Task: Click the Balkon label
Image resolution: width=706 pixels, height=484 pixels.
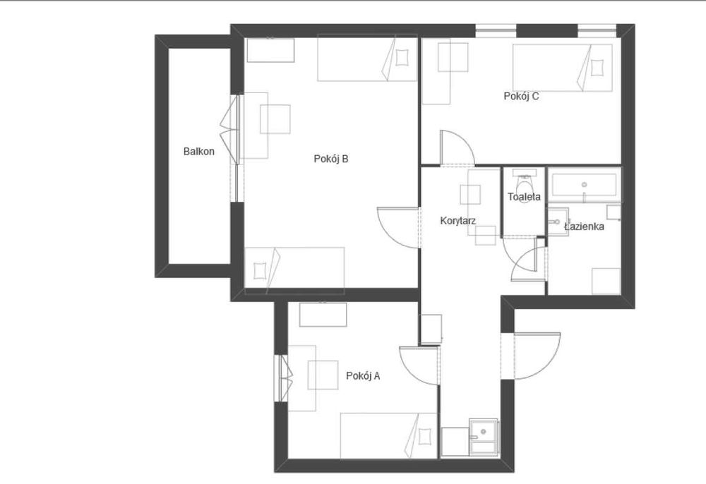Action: tap(198, 152)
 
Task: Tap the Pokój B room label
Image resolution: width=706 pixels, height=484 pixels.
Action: tap(331, 159)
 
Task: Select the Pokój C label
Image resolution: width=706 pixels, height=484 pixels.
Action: tap(521, 96)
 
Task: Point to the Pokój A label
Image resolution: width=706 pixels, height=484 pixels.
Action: tap(363, 375)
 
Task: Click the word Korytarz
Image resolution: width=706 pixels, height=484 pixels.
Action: tap(458, 221)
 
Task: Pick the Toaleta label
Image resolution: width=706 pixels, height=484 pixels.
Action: tap(524, 197)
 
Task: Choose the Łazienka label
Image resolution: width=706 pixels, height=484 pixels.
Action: tap(584, 226)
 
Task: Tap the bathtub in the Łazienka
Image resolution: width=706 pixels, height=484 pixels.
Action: tap(584, 185)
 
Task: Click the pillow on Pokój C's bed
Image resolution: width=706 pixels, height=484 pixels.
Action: tap(597, 68)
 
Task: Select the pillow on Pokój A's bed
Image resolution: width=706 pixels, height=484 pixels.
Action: tap(424, 436)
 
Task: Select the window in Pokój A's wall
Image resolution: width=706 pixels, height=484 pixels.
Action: tap(285, 378)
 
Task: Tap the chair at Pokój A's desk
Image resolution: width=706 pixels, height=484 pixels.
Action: tap(323, 375)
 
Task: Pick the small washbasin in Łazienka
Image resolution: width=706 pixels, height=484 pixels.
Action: tap(558, 222)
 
